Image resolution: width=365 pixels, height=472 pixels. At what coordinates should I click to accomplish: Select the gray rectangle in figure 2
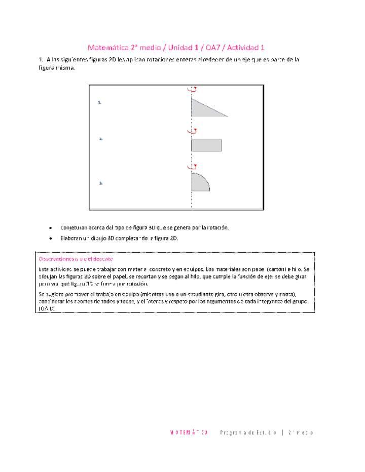click(x=206, y=145)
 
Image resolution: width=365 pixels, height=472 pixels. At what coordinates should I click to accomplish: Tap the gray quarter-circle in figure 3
click(x=199, y=183)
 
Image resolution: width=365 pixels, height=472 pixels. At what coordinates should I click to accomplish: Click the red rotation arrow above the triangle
click(x=192, y=89)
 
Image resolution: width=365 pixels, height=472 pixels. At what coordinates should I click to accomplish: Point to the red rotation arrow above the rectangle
click(x=192, y=131)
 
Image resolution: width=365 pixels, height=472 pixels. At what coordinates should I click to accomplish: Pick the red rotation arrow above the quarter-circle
click(x=192, y=166)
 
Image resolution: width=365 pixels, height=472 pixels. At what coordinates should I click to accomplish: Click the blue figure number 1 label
click(x=100, y=102)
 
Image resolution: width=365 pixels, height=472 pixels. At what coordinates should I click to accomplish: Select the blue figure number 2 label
click(x=101, y=138)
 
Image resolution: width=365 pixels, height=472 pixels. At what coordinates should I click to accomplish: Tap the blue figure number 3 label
click(x=101, y=183)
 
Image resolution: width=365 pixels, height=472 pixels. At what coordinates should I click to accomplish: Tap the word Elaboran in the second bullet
click(x=71, y=238)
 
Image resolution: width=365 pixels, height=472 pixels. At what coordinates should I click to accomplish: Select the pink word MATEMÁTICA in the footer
click(x=189, y=432)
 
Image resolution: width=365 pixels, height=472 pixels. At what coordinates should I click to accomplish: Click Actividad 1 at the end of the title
click(x=246, y=48)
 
